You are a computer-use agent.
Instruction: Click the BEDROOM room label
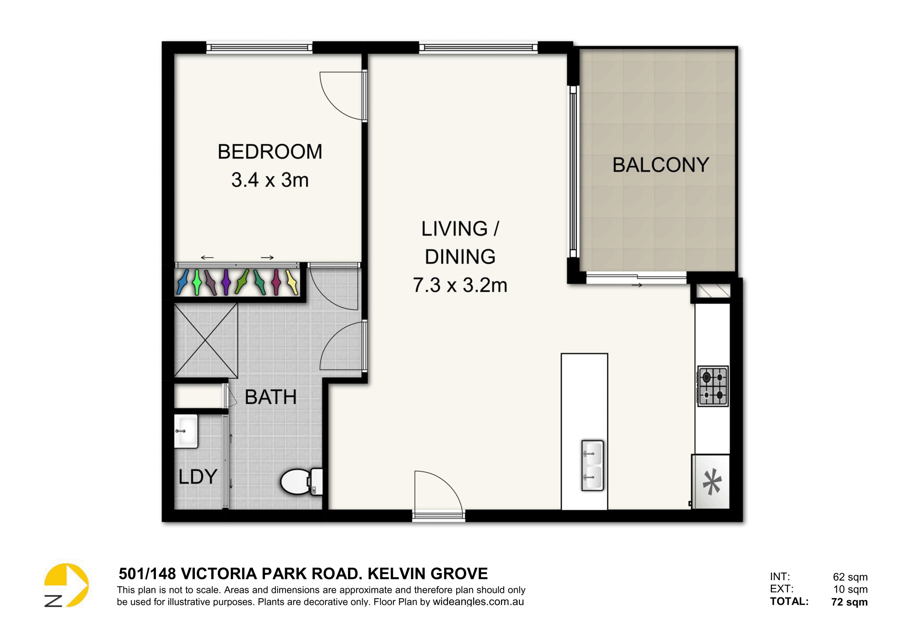point(270,152)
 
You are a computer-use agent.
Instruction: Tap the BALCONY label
point(661,165)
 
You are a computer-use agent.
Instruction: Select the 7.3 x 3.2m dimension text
point(460,285)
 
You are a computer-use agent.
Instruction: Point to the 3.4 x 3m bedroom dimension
point(270,180)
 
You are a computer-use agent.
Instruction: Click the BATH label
point(271,397)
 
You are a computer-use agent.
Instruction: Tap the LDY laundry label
point(198,476)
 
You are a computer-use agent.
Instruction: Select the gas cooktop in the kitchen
point(713,386)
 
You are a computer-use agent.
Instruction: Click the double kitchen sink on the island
point(592,465)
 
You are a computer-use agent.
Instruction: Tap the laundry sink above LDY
point(186,431)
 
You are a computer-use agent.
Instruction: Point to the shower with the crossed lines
point(206,340)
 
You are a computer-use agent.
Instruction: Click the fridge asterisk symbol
point(712,481)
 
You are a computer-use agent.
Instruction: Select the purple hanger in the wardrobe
point(226,282)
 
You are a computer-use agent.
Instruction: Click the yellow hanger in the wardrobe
point(292,282)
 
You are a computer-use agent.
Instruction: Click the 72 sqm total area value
point(850,602)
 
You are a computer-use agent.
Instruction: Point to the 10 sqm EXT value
point(850,589)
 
